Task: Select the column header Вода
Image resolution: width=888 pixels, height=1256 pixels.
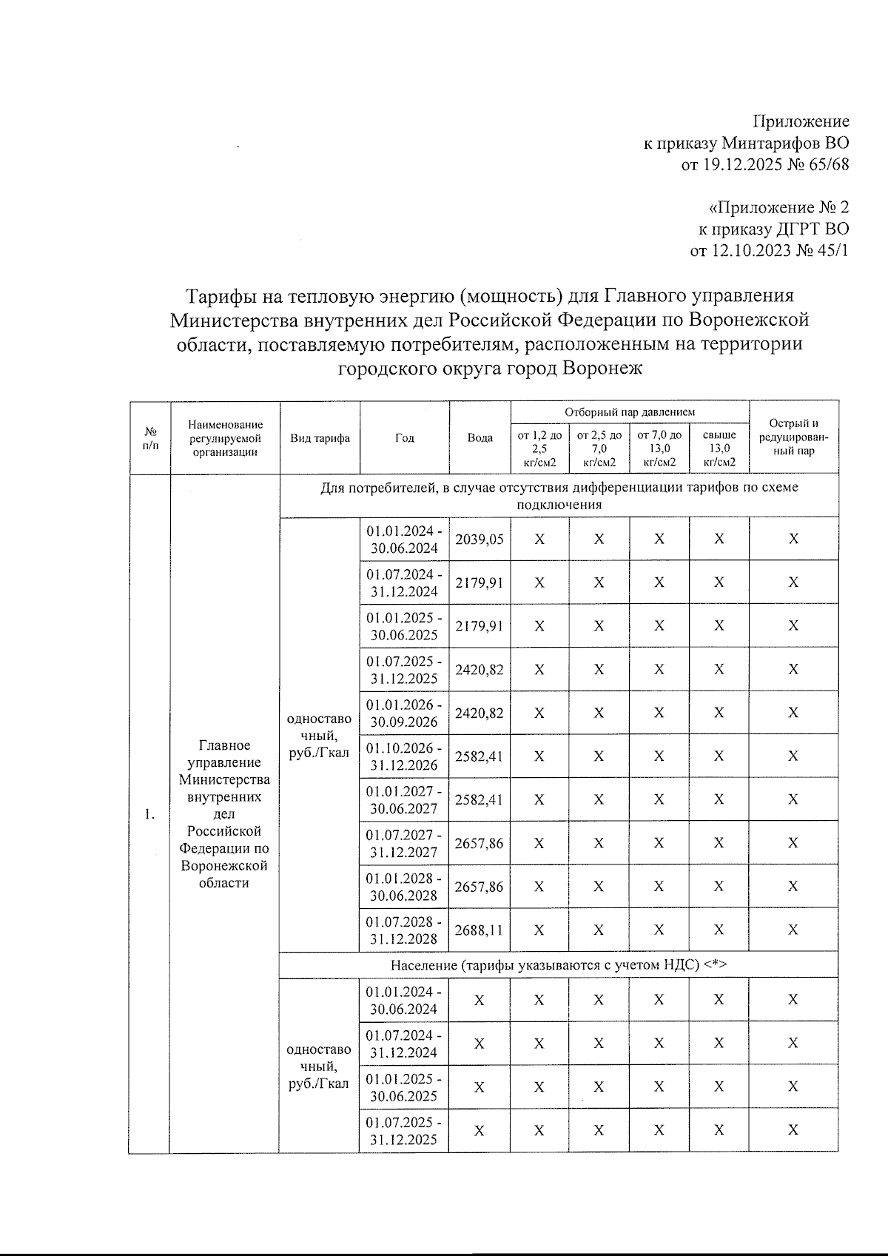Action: [480, 437]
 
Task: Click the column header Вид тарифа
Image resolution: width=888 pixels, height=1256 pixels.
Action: [320, 437]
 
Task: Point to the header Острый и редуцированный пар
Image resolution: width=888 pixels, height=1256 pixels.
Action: [793, 437]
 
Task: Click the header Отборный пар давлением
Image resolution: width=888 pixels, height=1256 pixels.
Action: [630, 412]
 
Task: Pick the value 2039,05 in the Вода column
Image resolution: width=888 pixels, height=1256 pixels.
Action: [480, 539]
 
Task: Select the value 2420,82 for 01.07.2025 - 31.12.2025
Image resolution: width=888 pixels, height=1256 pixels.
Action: [480, 669]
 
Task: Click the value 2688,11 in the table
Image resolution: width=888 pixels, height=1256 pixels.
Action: [480, 930]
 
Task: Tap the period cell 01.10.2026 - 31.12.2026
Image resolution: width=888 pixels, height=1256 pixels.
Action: [404, 756]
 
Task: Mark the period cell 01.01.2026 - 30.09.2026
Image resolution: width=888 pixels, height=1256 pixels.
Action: [404, 713]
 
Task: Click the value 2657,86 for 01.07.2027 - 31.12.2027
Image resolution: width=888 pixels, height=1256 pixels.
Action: [480, 843]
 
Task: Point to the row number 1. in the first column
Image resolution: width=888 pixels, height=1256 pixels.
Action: [149, 815]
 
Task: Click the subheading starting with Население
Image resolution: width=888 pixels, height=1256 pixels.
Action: [559, 965]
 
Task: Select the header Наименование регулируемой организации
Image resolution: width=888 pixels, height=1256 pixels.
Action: [225, 437]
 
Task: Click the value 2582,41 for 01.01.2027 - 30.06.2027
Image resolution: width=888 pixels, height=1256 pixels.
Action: [480, 799]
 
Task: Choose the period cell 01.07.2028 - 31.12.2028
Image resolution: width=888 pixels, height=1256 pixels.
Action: [404, 930]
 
